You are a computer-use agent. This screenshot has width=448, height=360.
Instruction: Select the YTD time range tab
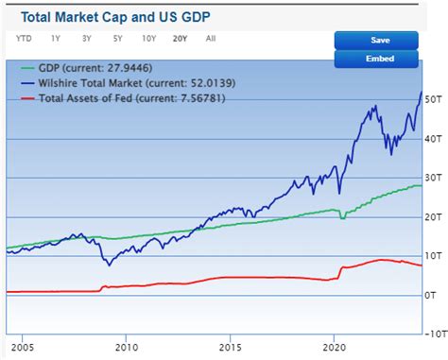click(24, 39)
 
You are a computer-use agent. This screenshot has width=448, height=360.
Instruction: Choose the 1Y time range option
click(56, 39)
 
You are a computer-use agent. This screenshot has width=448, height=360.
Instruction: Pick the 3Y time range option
click(86, 39)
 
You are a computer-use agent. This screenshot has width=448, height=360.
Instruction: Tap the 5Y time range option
click(117, 39)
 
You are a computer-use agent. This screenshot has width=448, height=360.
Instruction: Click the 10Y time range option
click(148, 39)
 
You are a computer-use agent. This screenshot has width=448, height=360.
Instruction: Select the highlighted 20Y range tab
click(180, 39)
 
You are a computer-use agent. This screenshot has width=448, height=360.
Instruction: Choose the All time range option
click(210, 39)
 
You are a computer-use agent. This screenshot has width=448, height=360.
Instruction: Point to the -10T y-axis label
click(433, 334)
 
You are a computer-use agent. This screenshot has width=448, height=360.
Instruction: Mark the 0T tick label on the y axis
click(431, 295)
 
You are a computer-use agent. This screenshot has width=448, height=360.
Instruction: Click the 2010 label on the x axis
click(126, 347)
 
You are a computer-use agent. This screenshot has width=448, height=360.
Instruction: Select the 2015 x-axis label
click(228, 347)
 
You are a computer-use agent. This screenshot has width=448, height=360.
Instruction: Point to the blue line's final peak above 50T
click(421, 92)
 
